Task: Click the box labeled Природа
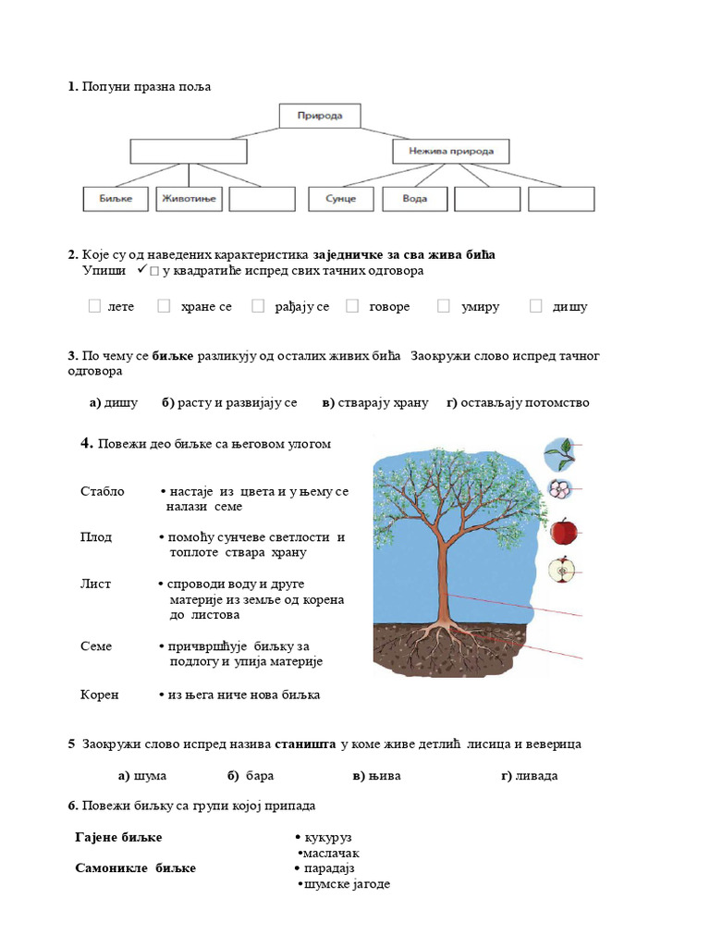[x=319, y=117]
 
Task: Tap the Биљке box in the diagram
[x=111, y=199]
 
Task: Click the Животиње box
[x=189, y=199]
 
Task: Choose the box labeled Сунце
[x=340, y=199]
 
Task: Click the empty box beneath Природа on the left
[x=189, y=151]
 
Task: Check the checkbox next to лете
[x=95, y=306]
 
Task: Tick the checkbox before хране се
[x=164, y=306]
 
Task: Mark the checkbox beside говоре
[x=352, y=306]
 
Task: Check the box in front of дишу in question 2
[x=536, y=306]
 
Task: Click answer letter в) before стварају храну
[x=328, y=402]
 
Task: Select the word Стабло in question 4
[x=103, y=491]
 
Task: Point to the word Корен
[x=100, y=695]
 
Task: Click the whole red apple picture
[x=563, y=532]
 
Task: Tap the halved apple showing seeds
[x=561, y=571]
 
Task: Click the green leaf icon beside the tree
[x=557, y=453]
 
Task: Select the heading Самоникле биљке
[x=135, y=868]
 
